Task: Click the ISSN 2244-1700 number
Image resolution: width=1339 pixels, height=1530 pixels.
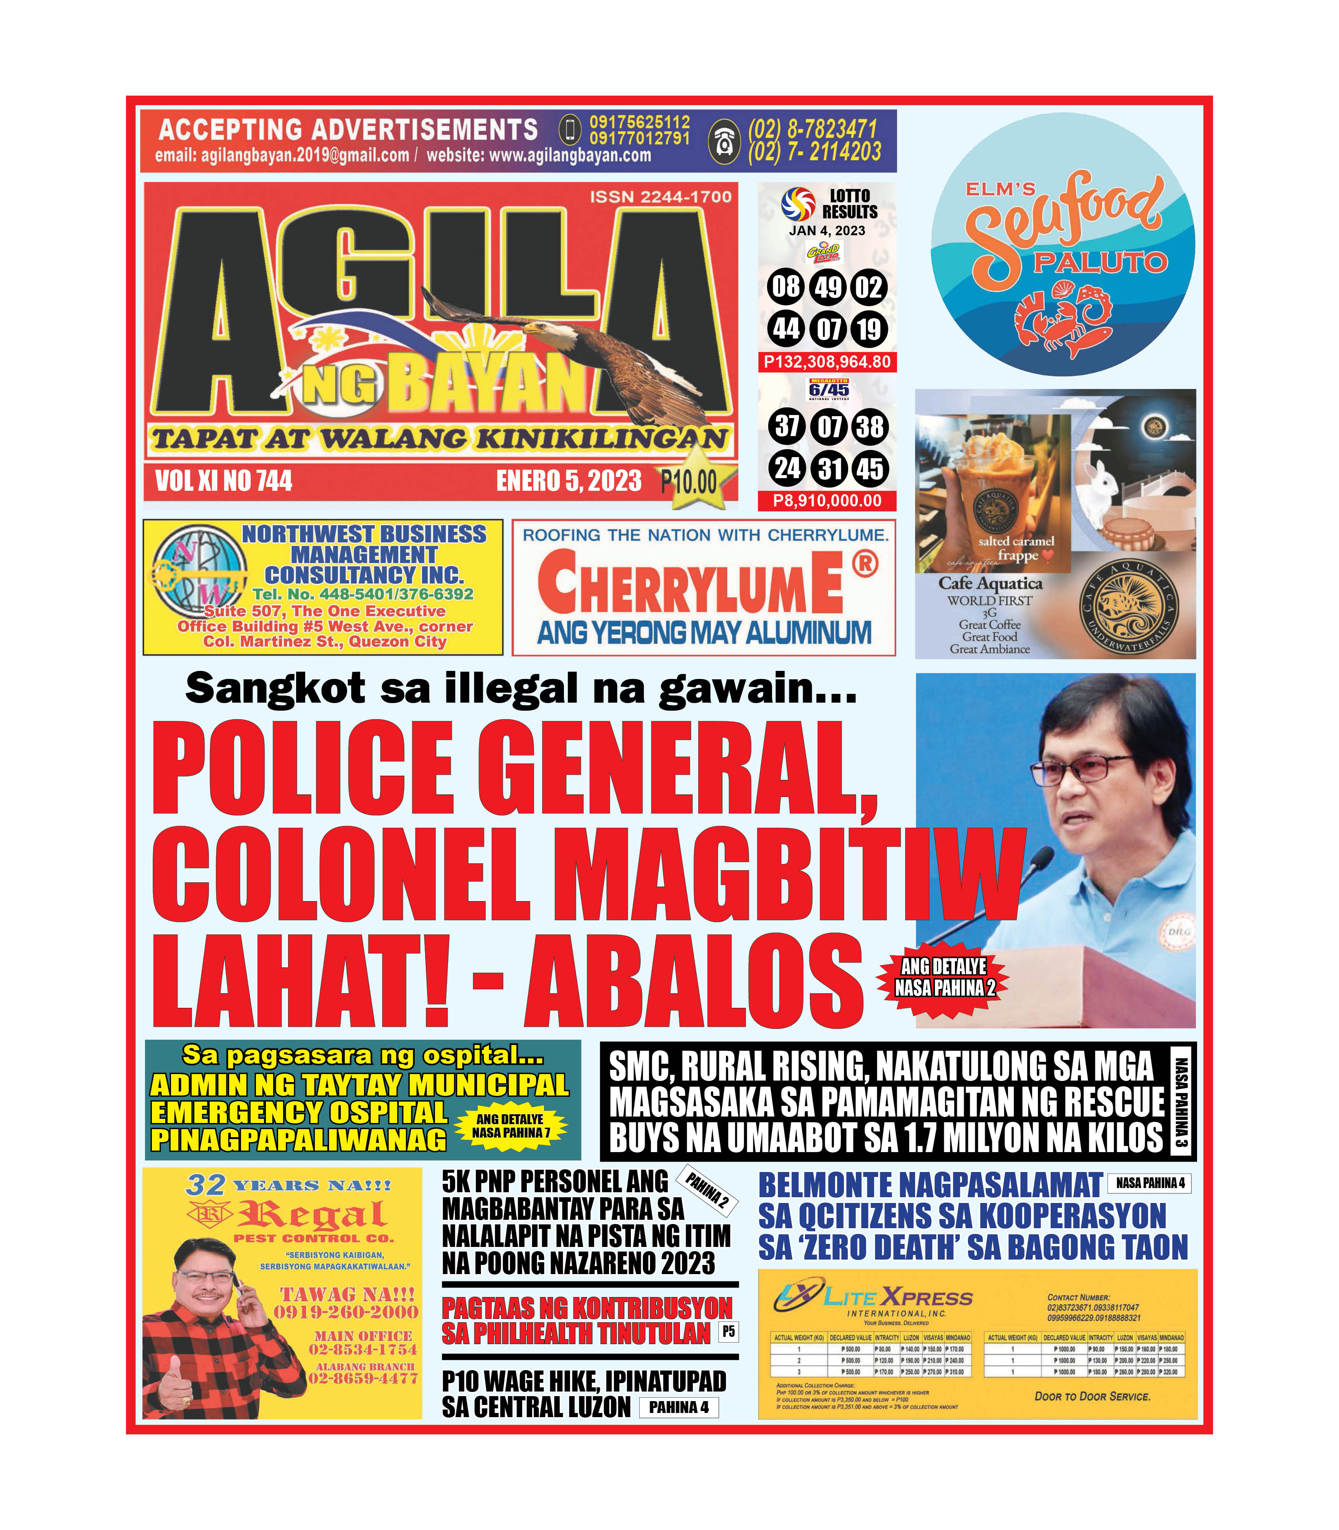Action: click(661, 197)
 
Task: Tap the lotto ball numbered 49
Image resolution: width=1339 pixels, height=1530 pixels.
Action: click(828, 287)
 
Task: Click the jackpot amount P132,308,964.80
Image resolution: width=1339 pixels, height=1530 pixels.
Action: click(827, 362)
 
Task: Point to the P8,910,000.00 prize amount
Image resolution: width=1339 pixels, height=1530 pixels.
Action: click(827, 501)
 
